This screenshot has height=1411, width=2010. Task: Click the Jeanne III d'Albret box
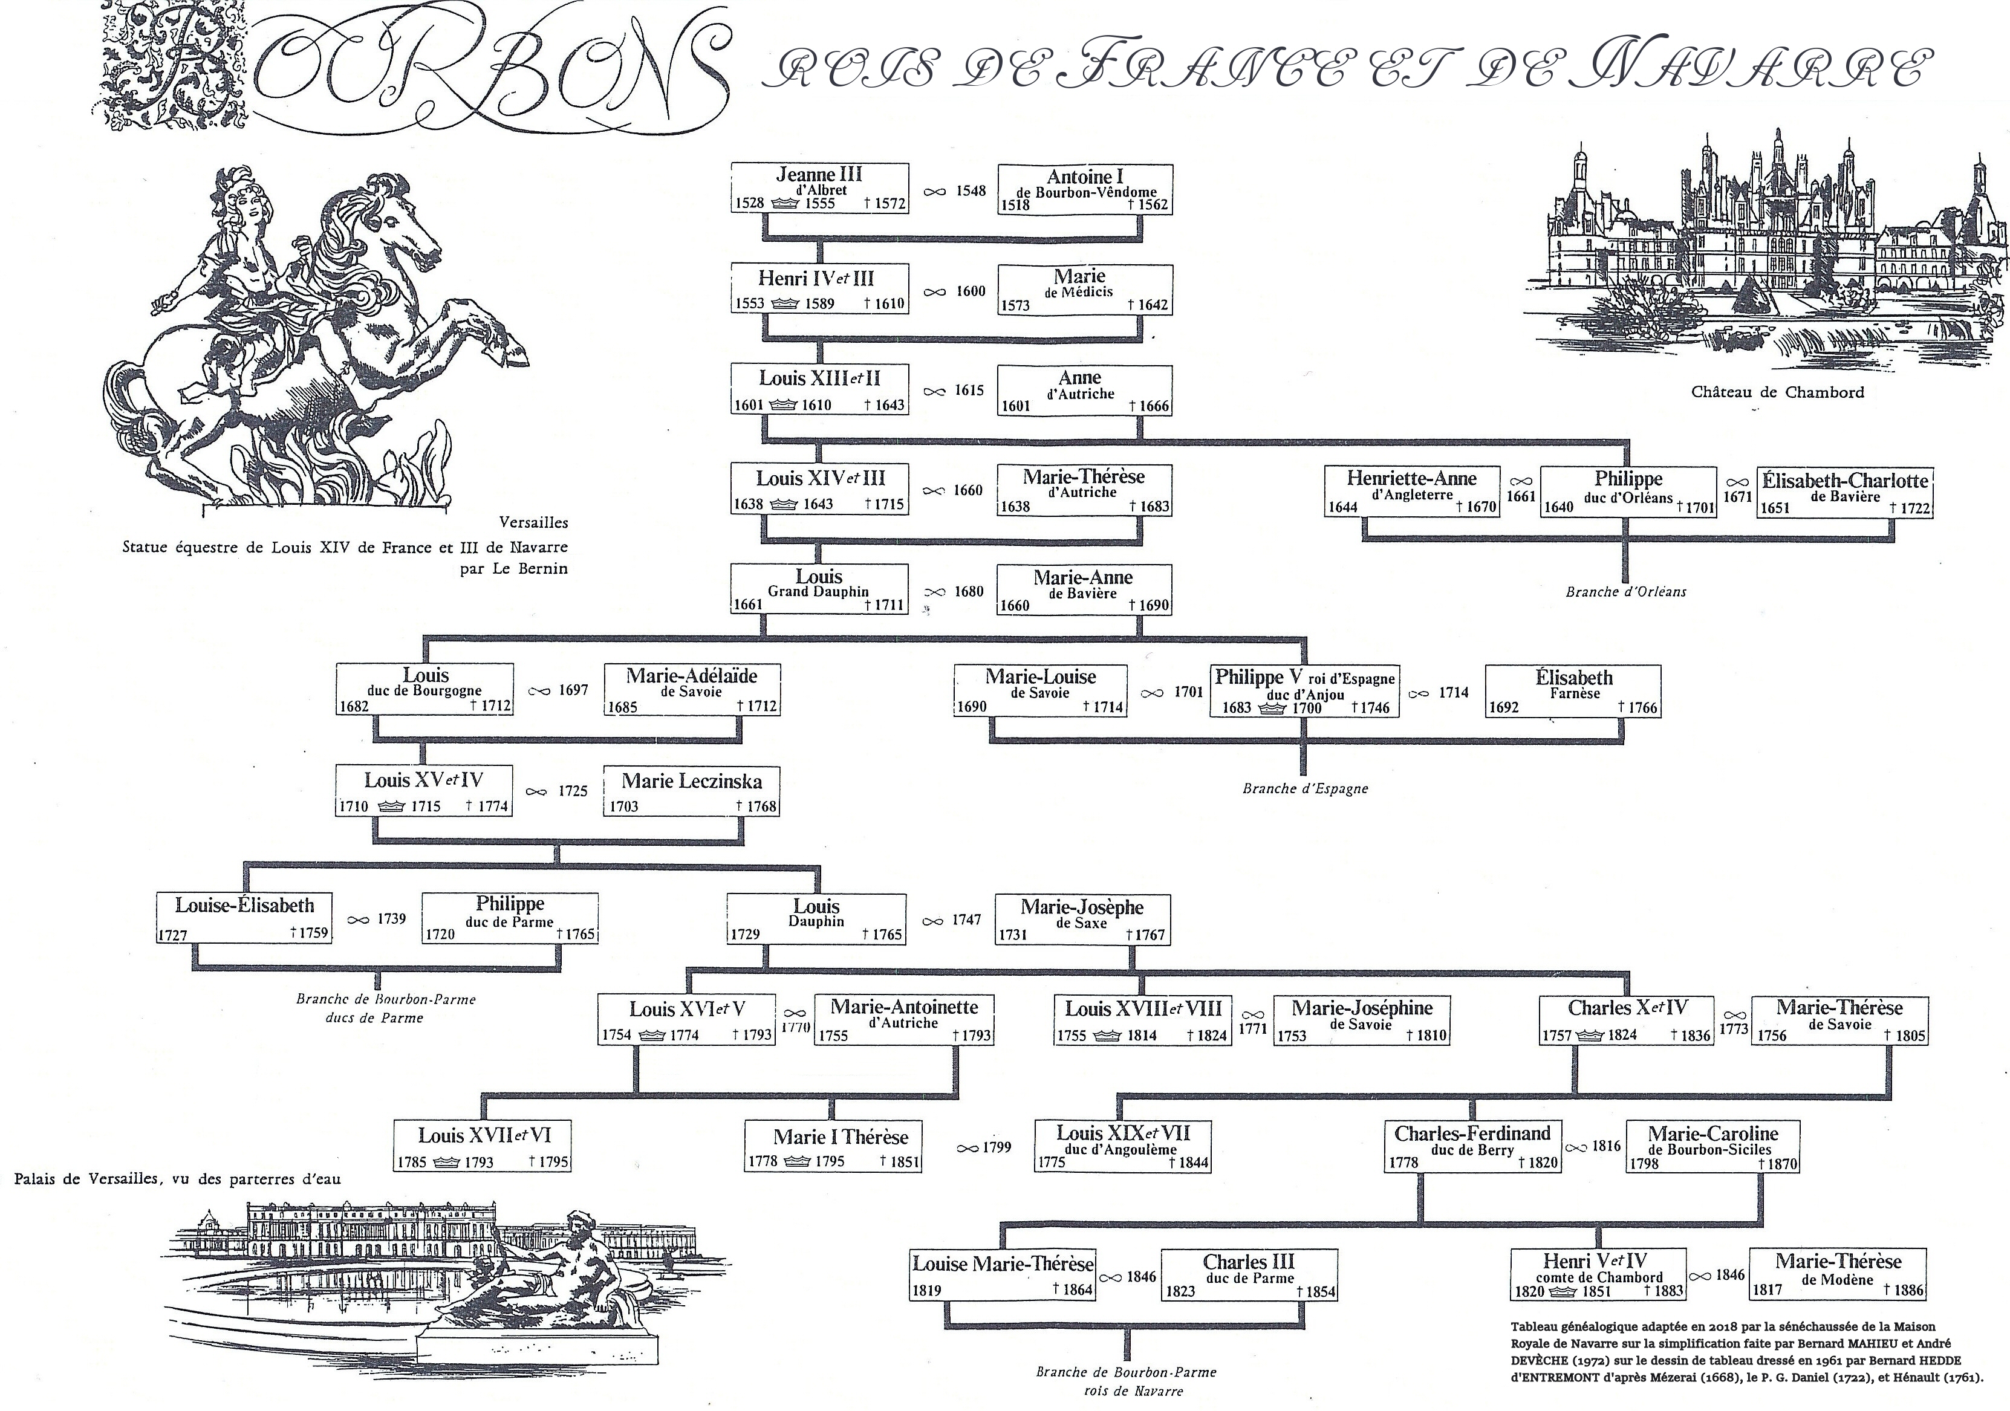click(x=819, y=188)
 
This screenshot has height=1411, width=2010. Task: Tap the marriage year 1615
click(x=969, y=391)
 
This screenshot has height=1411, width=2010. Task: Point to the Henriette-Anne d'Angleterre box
click(x=1411, y=491)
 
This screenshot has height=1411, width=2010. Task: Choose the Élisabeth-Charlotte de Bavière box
click(x=1844, y=493)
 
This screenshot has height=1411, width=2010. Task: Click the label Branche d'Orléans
click(x=1625, y=592)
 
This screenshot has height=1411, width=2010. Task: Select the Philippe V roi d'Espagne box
click(x=1304, y=692)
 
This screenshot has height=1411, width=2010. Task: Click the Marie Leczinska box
click(x=691, y=791)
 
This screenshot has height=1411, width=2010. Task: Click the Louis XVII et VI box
click(x=483, y=1146)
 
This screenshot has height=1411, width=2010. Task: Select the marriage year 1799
click(x=997, y=1147)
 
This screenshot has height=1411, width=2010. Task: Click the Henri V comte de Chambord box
click(x=1598, y=1274)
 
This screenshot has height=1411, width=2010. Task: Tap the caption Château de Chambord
click(x=1777, y=392)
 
